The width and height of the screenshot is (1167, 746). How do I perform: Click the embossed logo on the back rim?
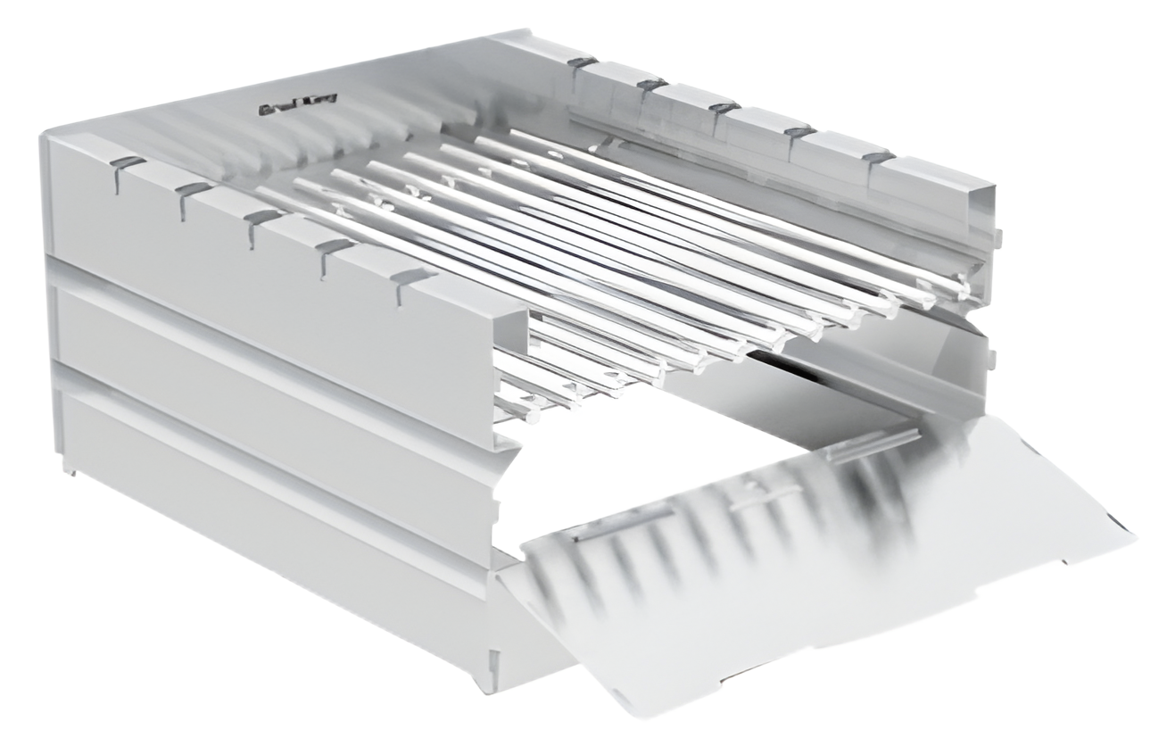(x=283, y=109)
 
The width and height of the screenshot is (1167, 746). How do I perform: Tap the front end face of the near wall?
(x=509, y=375)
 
